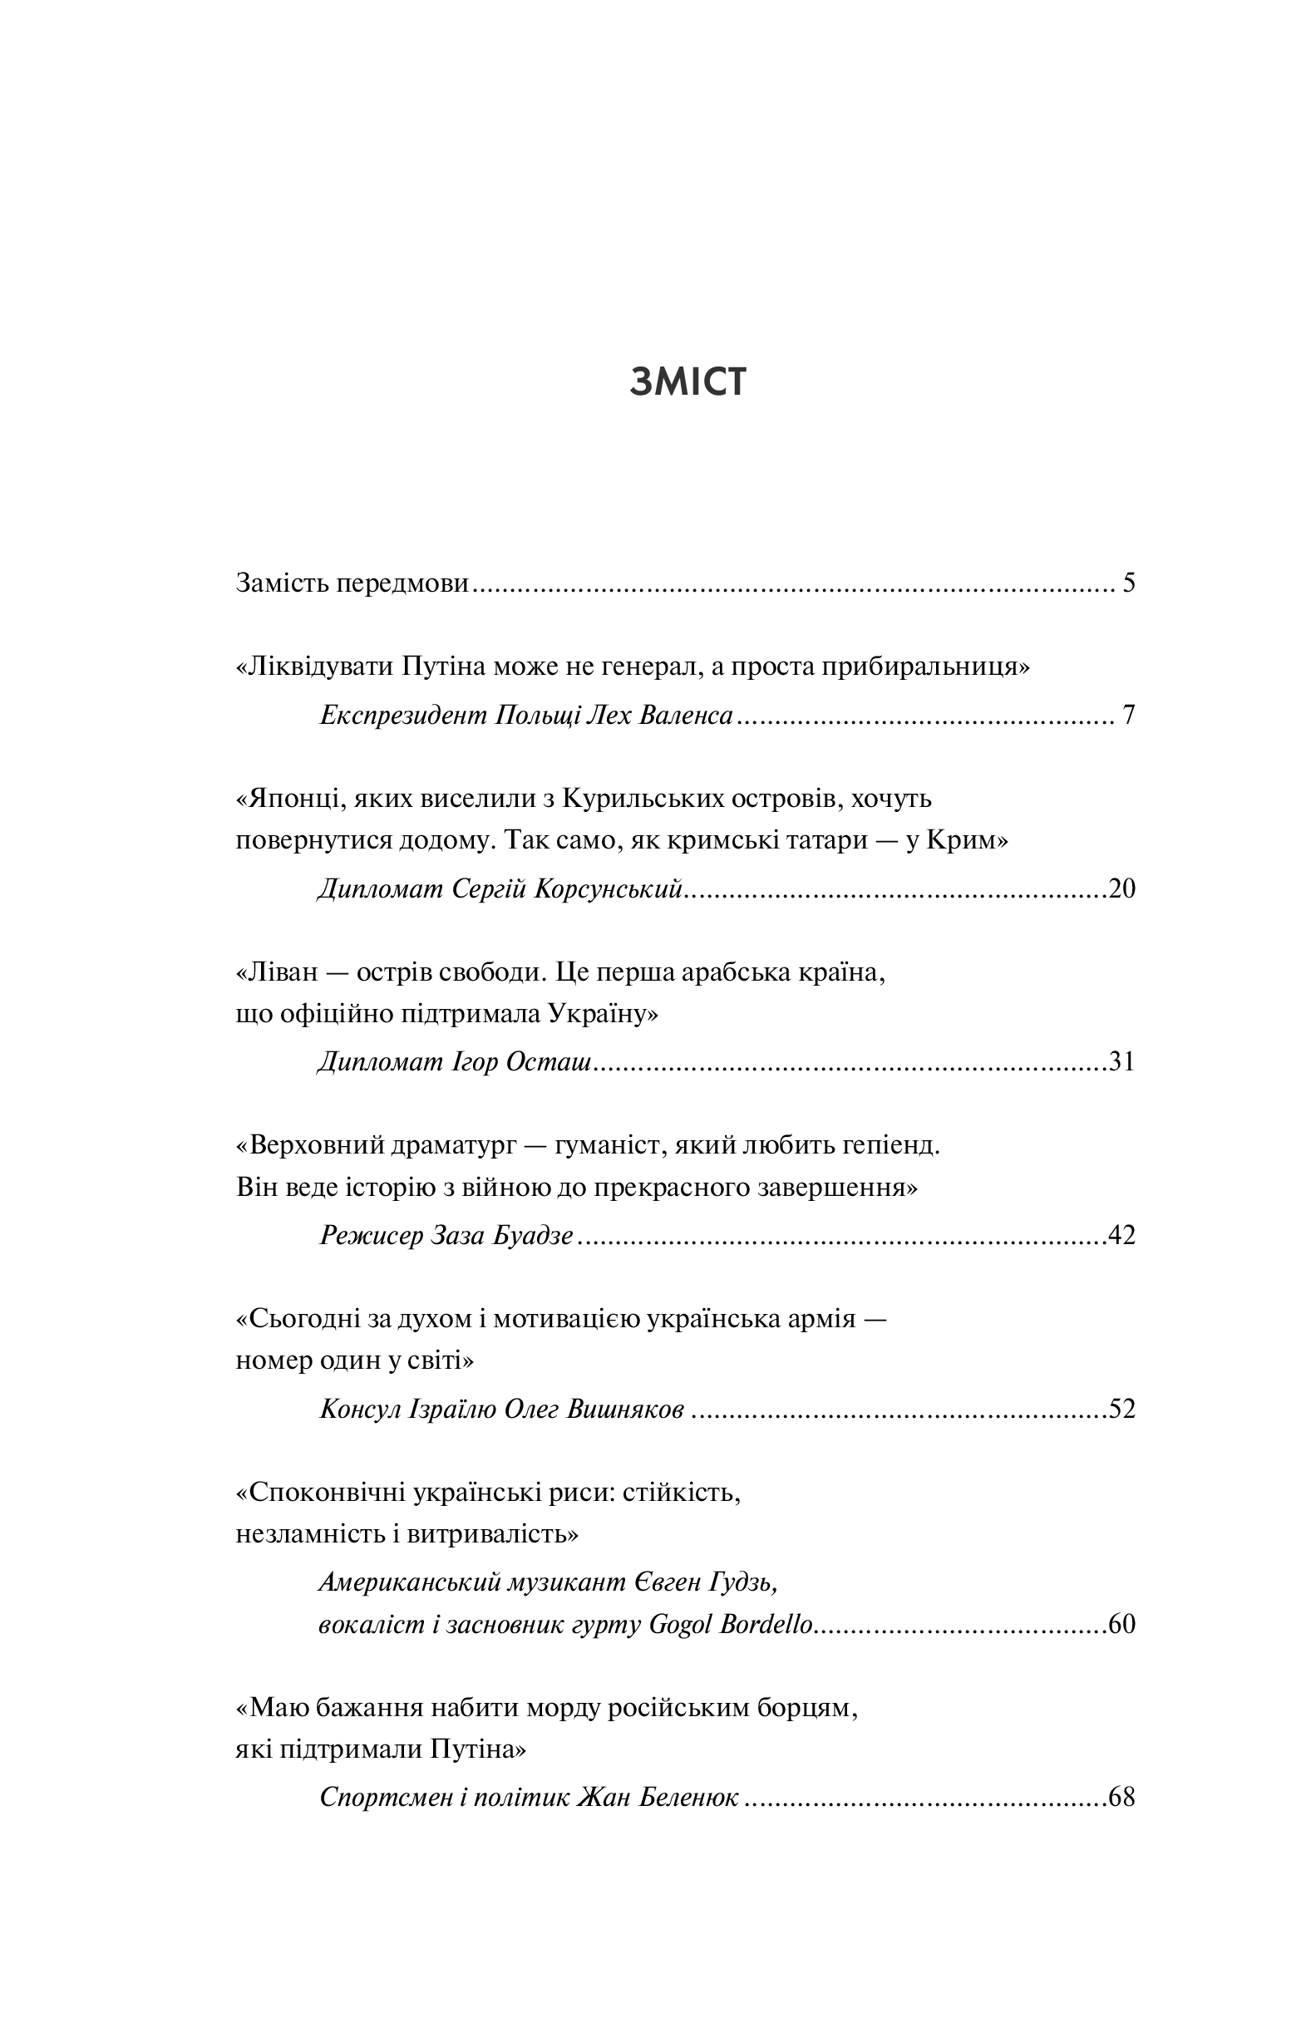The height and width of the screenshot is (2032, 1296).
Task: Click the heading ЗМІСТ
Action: [687, 383]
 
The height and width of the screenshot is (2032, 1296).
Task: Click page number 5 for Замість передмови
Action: [1129, 583]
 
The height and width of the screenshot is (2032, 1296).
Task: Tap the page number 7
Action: [1129, 716]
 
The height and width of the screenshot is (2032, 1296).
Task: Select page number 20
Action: [1122, 888]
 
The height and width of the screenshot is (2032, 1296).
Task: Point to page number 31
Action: [1122, 1061]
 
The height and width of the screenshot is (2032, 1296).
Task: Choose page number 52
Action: [1122, 1409]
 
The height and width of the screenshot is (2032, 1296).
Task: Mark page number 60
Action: [1122, 1624]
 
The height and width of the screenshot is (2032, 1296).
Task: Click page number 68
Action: [1122, 1798]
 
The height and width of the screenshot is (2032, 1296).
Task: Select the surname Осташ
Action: [548, 1061]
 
